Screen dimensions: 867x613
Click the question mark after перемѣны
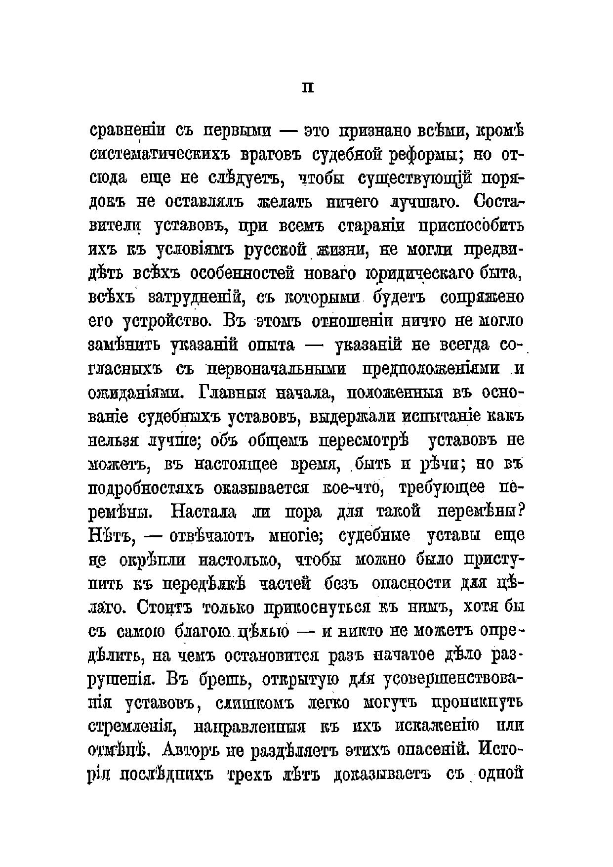point(519,511)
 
